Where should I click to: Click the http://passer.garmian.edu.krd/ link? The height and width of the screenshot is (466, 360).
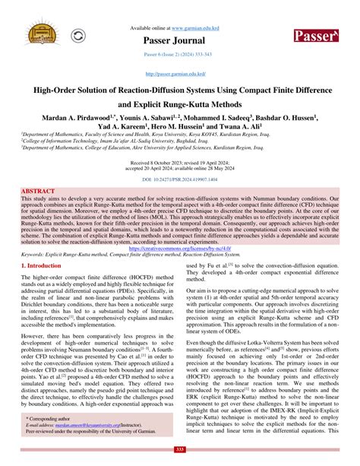179,74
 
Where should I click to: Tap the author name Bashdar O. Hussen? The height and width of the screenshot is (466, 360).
305,118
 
